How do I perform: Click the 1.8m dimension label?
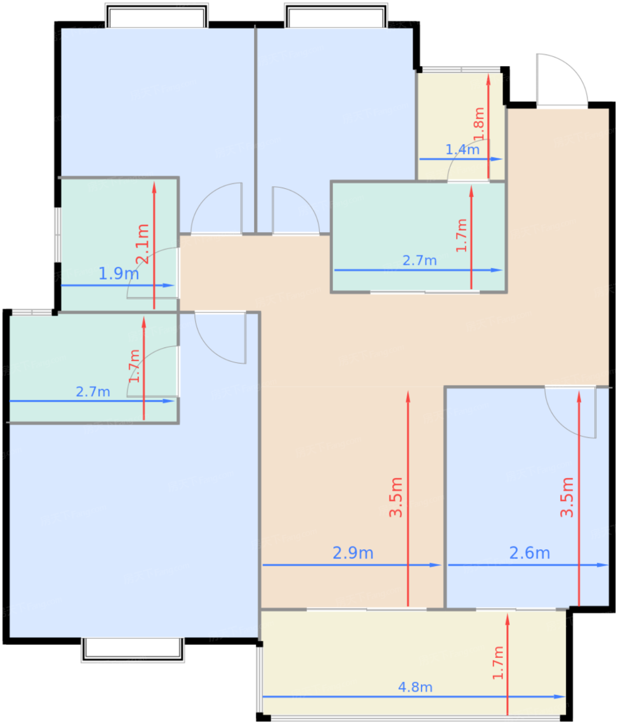(x=479, y=124)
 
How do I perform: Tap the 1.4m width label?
(x=462, y=149)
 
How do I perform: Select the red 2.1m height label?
(x=142, y=244)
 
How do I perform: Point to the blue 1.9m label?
(x=119, y=274)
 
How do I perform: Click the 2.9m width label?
(x=352, y=553)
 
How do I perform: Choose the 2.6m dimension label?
(x=529, y=553)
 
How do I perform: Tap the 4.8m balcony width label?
(x=415, y=687)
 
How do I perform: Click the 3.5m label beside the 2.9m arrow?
(x=396, y=497)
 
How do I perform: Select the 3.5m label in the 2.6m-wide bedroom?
(x=567, y=497)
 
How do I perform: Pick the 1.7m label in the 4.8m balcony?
(x=498, y=663)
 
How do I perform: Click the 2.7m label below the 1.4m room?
(x=420, y=261)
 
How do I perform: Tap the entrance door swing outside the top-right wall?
(x=562, y=80)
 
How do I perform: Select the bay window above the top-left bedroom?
(x=157, y=16)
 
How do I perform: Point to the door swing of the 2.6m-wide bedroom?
(x=570, y=412)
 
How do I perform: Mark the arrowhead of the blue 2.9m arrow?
(x=435, y=565)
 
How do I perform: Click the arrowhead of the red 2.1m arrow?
(x=154, y=187)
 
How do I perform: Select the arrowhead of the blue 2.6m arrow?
(x=602, y=565)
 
